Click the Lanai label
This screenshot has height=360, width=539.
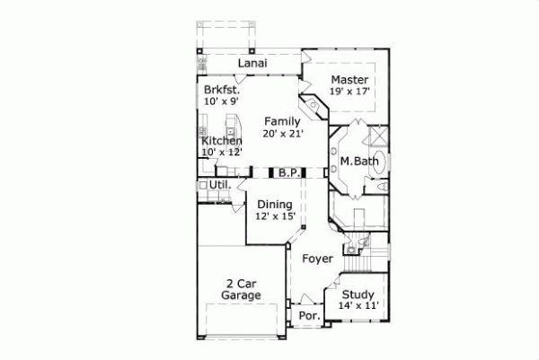(x=256, y=64)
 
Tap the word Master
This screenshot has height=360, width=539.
(x=350, y=79)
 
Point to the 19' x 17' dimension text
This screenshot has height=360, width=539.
(x=350, y=92)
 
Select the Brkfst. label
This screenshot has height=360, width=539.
(x=221, y=91)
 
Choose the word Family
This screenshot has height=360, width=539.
(x=282, y=121)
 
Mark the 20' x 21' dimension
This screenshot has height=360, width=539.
(x=282, y=134)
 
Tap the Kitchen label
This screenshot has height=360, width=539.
(x=221, y=141)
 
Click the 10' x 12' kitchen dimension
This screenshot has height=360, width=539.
(x=221, y=153)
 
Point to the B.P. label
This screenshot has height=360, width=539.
(x=287, y=171)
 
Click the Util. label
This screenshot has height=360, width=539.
(x=221, y=185)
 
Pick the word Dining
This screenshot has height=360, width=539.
(x=273, y=205)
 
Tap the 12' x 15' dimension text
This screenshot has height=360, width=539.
(x=273, y=217)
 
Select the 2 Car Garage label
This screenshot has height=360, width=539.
(x=243, y=288)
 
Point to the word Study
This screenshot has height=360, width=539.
(x=358, y=294)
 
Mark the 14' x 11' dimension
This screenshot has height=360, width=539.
(x=358, y=306)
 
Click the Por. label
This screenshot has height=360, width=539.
(x=307, y=317)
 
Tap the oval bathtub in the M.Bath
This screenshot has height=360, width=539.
(x=378, y=164)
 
